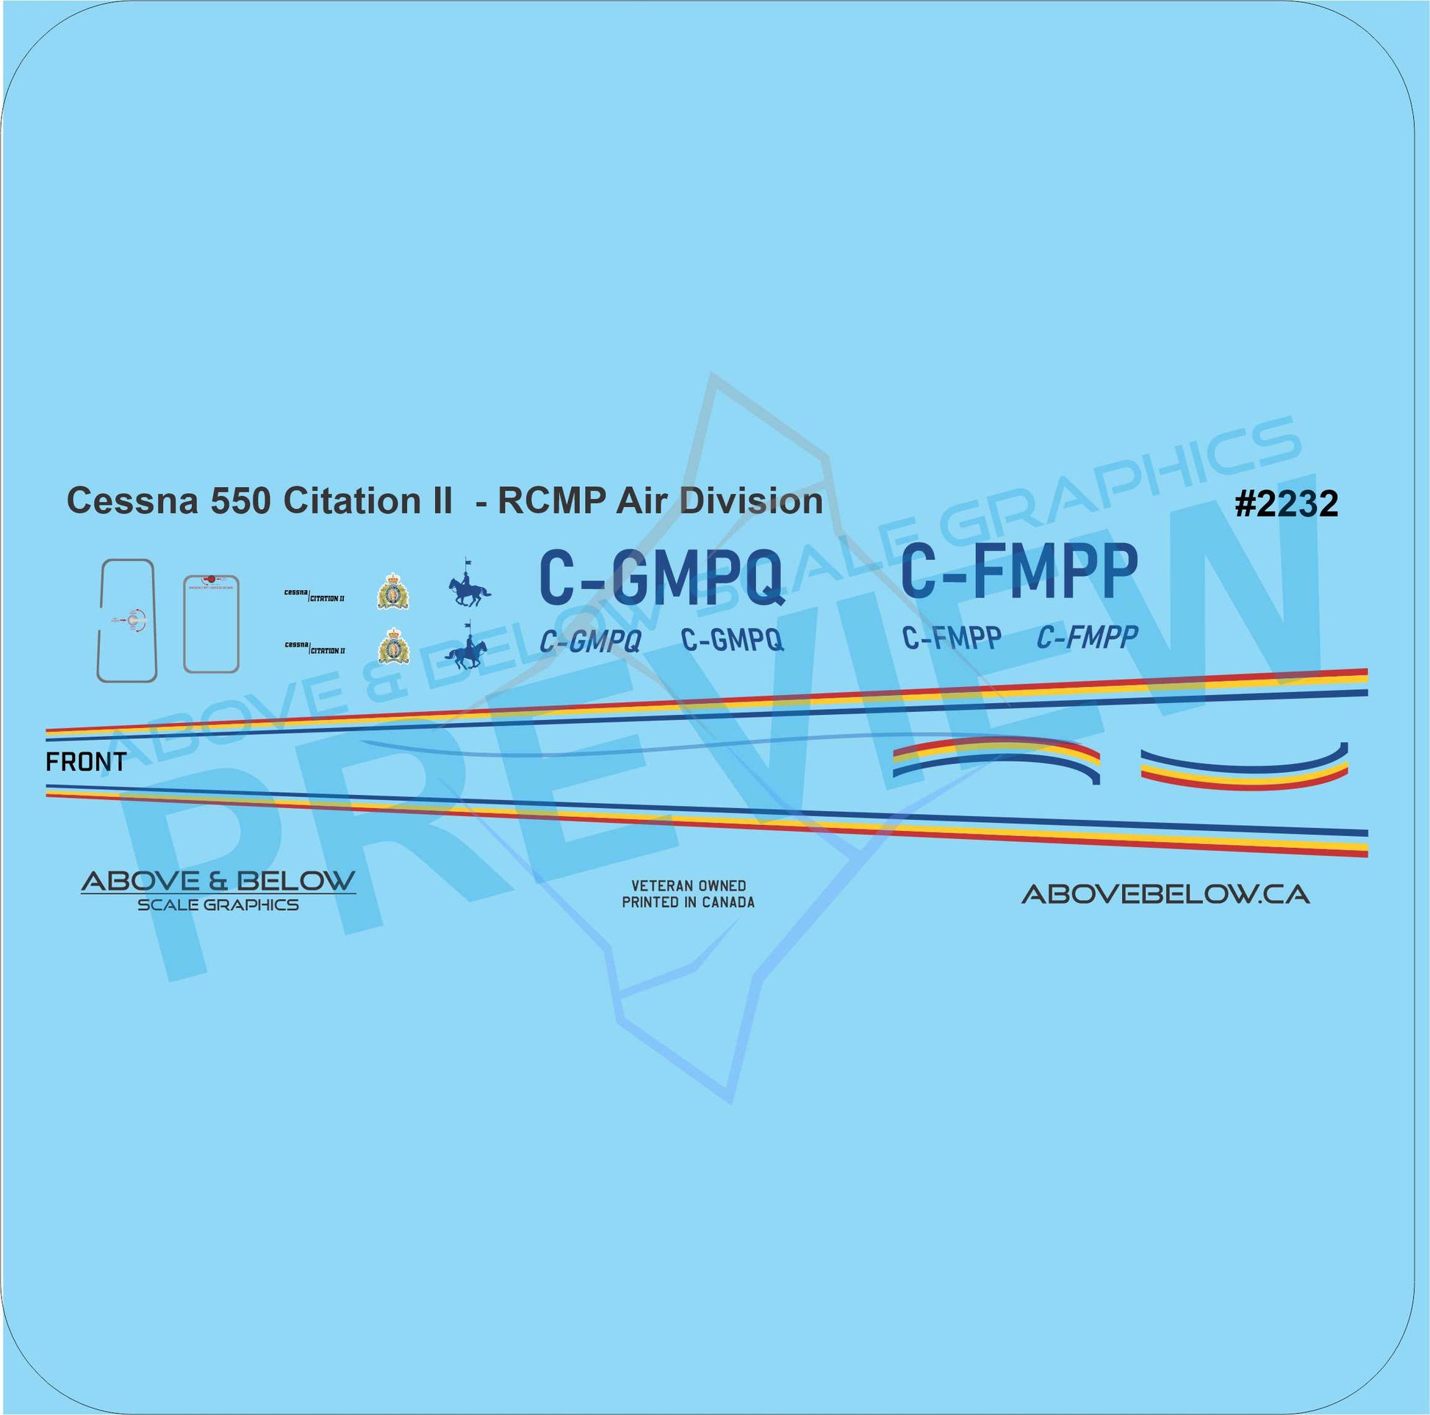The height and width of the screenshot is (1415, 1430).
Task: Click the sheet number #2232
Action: pos(1287,505)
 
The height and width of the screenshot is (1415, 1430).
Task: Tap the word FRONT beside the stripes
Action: pos(86,762)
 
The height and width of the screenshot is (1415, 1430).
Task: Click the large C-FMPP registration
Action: pos(1018,571)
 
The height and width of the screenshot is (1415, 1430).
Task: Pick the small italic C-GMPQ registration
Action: pos(590,641)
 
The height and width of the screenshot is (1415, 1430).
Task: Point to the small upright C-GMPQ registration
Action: pos(732,639)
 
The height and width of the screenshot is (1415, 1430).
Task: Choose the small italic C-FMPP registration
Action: pos(1087,637)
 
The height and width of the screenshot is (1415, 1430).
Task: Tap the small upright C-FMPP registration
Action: pos(952,637)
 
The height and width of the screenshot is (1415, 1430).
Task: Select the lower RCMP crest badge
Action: pos(393,646)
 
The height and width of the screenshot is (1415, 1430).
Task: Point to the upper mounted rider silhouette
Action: pos(469,587)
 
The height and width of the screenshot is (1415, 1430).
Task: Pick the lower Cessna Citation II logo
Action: pos(315,648)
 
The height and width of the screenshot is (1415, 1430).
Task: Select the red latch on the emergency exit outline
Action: pos(211,580)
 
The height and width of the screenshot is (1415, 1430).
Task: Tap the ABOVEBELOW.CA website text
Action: pos(1165,896)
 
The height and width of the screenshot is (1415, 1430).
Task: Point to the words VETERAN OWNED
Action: pos(688,885)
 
